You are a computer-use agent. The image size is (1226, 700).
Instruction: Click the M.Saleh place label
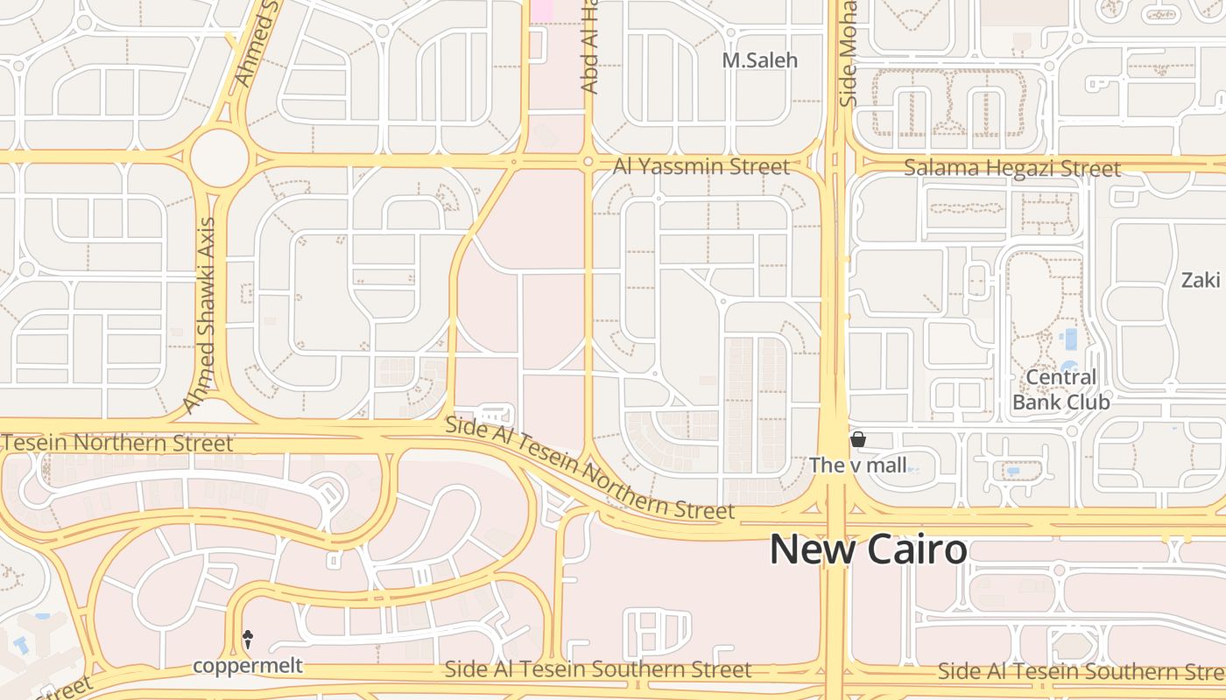point(759,60)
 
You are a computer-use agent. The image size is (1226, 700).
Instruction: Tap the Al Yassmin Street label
point(701,166)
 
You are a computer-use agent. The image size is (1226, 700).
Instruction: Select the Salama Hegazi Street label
point(1011,168)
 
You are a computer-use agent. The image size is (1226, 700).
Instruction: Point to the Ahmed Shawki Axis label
point(200,315)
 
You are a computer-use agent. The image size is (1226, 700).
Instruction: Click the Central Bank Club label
point(1060,389)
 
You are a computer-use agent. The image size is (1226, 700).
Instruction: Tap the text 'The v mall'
point(858,465)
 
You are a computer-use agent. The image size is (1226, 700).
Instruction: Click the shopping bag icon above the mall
point(858,439)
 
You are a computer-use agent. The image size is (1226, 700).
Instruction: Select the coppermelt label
point(248,666)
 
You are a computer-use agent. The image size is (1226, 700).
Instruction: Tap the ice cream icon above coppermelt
point(248,640)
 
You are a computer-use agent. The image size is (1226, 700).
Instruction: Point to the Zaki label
point(1200,280)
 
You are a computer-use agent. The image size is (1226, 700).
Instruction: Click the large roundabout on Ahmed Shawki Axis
point(219,157)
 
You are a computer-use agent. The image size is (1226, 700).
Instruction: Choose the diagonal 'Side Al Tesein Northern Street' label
point(588,468)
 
